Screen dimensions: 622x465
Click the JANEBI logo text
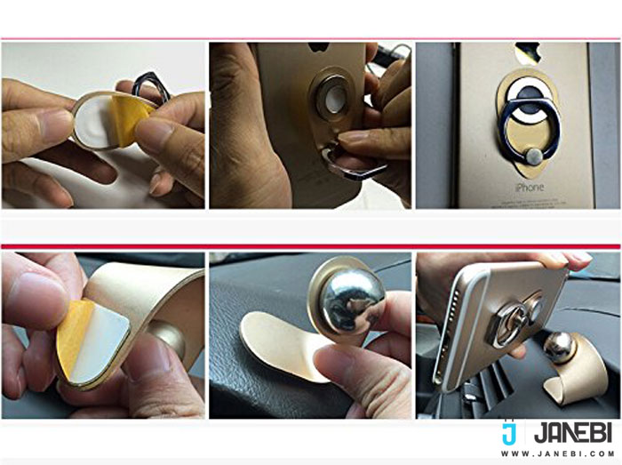[x=573, y=434]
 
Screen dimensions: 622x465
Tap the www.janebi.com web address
[x=557, y=453]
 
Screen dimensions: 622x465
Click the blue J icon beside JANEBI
[x=508, y=432]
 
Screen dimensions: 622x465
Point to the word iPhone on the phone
[x=530, y=187]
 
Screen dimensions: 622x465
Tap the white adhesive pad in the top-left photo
[x=95, y=122]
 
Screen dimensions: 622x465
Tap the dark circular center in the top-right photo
[x=530, y=96]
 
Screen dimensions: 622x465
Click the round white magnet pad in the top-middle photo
[x=335, y=98]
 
